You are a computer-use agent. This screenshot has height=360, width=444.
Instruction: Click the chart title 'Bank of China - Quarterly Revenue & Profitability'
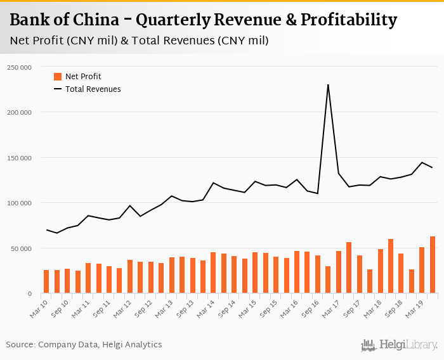click(x=204, y=20)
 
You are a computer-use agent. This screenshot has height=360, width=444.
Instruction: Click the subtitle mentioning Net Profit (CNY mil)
click(x=140, y=41)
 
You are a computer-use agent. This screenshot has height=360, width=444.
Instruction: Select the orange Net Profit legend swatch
click(x=58, y=77)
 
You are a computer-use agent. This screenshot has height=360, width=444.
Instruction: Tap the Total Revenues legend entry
click(x=93, y=89)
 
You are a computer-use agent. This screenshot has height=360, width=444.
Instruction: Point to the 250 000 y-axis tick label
click(x=20, y=67)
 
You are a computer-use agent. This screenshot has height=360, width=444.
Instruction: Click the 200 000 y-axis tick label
click(x=20, y=112)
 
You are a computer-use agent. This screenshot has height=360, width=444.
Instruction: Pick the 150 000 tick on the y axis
click(x=20, y=158)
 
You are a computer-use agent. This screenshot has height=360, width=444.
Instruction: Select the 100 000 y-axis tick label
click(x=20, y=203)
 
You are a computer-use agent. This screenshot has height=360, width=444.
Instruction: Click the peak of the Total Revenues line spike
click(x=328, y=84)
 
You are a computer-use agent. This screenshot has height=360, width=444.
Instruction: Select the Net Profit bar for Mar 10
click(x=46, y=281)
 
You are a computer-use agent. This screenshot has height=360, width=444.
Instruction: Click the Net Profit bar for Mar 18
click(x=381, y=271)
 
